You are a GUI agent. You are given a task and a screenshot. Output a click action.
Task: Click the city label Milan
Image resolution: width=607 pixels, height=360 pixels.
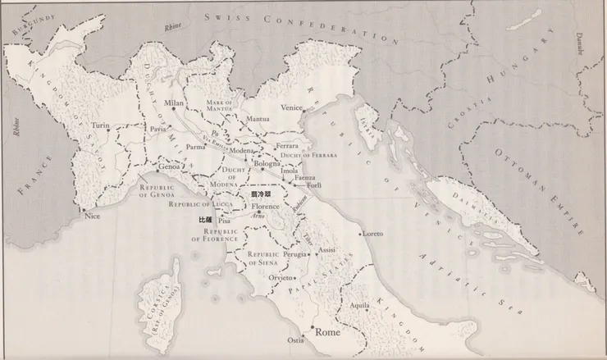[174, 103]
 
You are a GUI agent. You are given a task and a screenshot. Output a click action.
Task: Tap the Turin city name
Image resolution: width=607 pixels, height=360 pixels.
[100, 126]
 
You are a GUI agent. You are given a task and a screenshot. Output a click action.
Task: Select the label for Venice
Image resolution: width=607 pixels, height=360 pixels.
[292, 107]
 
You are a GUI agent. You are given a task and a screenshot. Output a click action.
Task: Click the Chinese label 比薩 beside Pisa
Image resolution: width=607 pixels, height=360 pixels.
[205, 221]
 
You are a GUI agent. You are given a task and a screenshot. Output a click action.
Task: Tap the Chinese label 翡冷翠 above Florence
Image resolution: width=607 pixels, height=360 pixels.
[260, 197]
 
